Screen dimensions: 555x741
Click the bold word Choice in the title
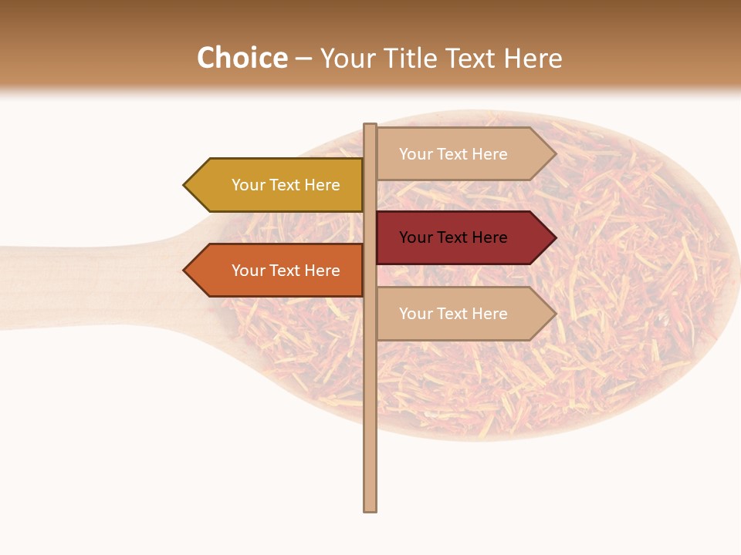(x=242, y=58)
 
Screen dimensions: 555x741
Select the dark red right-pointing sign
(x=459, y=237)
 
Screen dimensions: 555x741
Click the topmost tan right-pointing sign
(x=459, y=154)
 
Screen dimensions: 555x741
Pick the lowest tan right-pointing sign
(x=459, y=314)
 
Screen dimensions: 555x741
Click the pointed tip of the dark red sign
(x=554, y=237)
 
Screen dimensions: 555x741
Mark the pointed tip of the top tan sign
(x=554, y=154)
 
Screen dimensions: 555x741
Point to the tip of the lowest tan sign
(x=554, y=314)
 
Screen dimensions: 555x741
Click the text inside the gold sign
(x=286, y=185)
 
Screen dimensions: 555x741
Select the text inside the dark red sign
(x=453, y=237)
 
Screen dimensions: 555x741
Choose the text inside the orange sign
(x=286, y=271)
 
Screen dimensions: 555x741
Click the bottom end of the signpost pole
(x=370, y=509)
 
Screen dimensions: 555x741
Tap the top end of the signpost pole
(x=370, y=126)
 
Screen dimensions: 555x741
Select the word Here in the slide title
(x=533, y=58)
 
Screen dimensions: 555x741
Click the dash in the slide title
(x=303, y=59)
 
